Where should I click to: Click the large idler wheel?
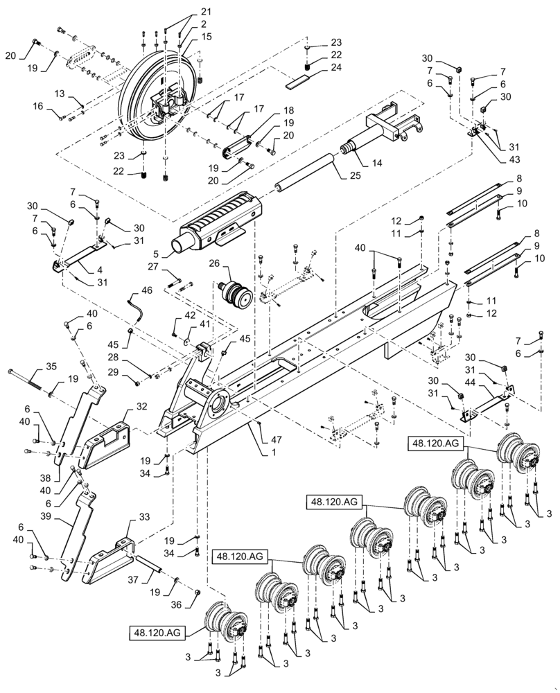coord(139,97)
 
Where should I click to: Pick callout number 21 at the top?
coord(186,12)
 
